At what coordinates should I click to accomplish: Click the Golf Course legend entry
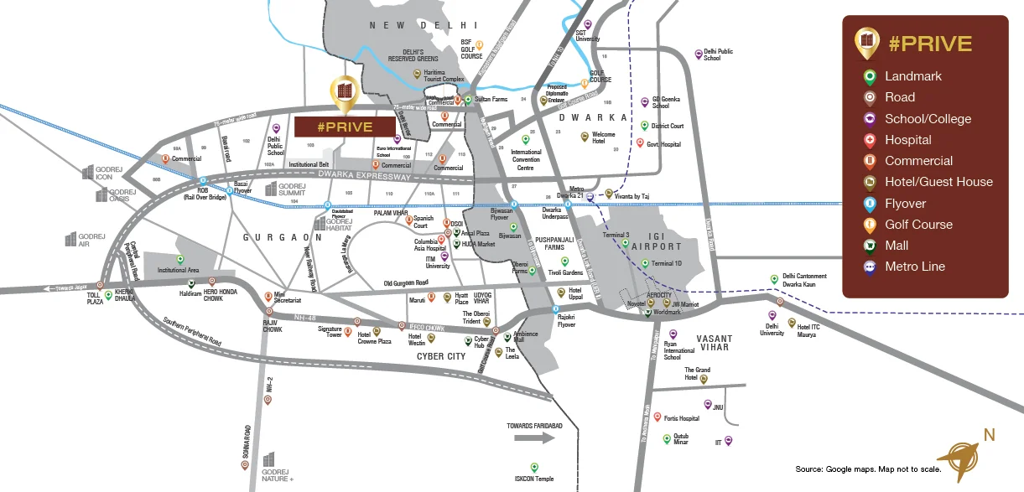point(918,224)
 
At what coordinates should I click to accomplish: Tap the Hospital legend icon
point(870,140)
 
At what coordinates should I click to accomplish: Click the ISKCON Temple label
point(534,479)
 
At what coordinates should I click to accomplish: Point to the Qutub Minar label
point(681,439)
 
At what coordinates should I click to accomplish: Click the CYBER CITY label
point(441,356)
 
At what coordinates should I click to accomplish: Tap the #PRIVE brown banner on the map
point(345,127)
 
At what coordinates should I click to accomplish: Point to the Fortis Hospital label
point(681,418)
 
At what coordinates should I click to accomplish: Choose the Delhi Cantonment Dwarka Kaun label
point(804,280)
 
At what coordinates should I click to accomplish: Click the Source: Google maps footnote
point(868,469)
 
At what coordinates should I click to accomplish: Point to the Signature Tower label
point(330,333)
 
